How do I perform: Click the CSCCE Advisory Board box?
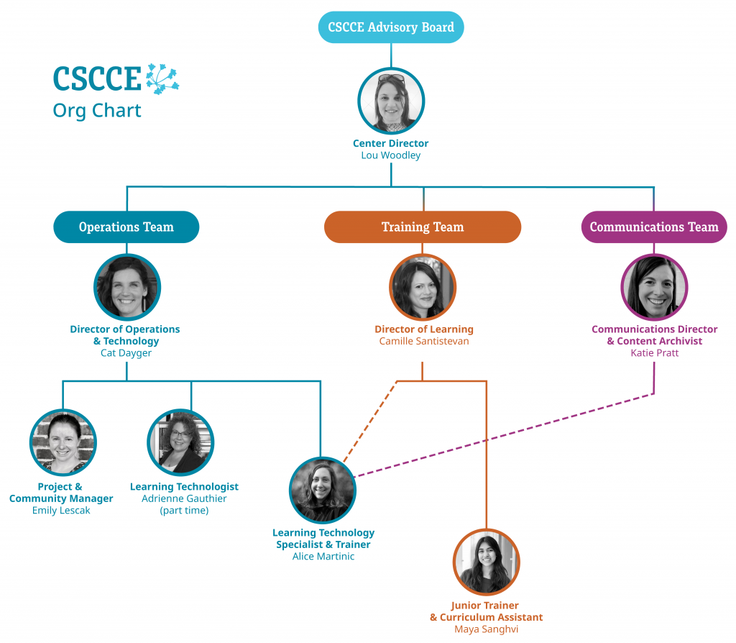pyautogui.click(x=391, y=27)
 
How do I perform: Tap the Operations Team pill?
pyautogui.click(x=126, y=227)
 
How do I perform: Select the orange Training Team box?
pyautogui.click(x=423, y=227)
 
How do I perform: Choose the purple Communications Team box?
pyautogui.click(x=653, y=227)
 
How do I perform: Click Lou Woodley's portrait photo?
pyautogui.click(x=391, y=101)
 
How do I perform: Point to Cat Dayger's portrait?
pyautogui.click(x=127, y=287)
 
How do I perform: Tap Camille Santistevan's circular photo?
pyautogui.click(x=423, y=287)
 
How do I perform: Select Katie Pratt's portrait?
pyautogui.click(x=654, y=287)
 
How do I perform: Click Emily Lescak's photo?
pyautogui.click(x=63, y=442)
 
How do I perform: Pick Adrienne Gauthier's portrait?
pyautogui.click(x=180, y=442)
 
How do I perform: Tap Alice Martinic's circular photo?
pyautogui.click(x=323, y=490)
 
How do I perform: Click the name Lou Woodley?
pyautogui.click(x=391, y=155)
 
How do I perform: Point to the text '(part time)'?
pyautogui.click(x=184, y=511)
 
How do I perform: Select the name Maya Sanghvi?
pyautogui.click(x=487, y=629)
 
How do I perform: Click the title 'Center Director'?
pyautogui.click(x=391, y=143)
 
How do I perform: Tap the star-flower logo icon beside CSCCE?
pyautogui.click(x=162, y=78)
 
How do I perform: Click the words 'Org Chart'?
pyautogui.click(x=97, y=111)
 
